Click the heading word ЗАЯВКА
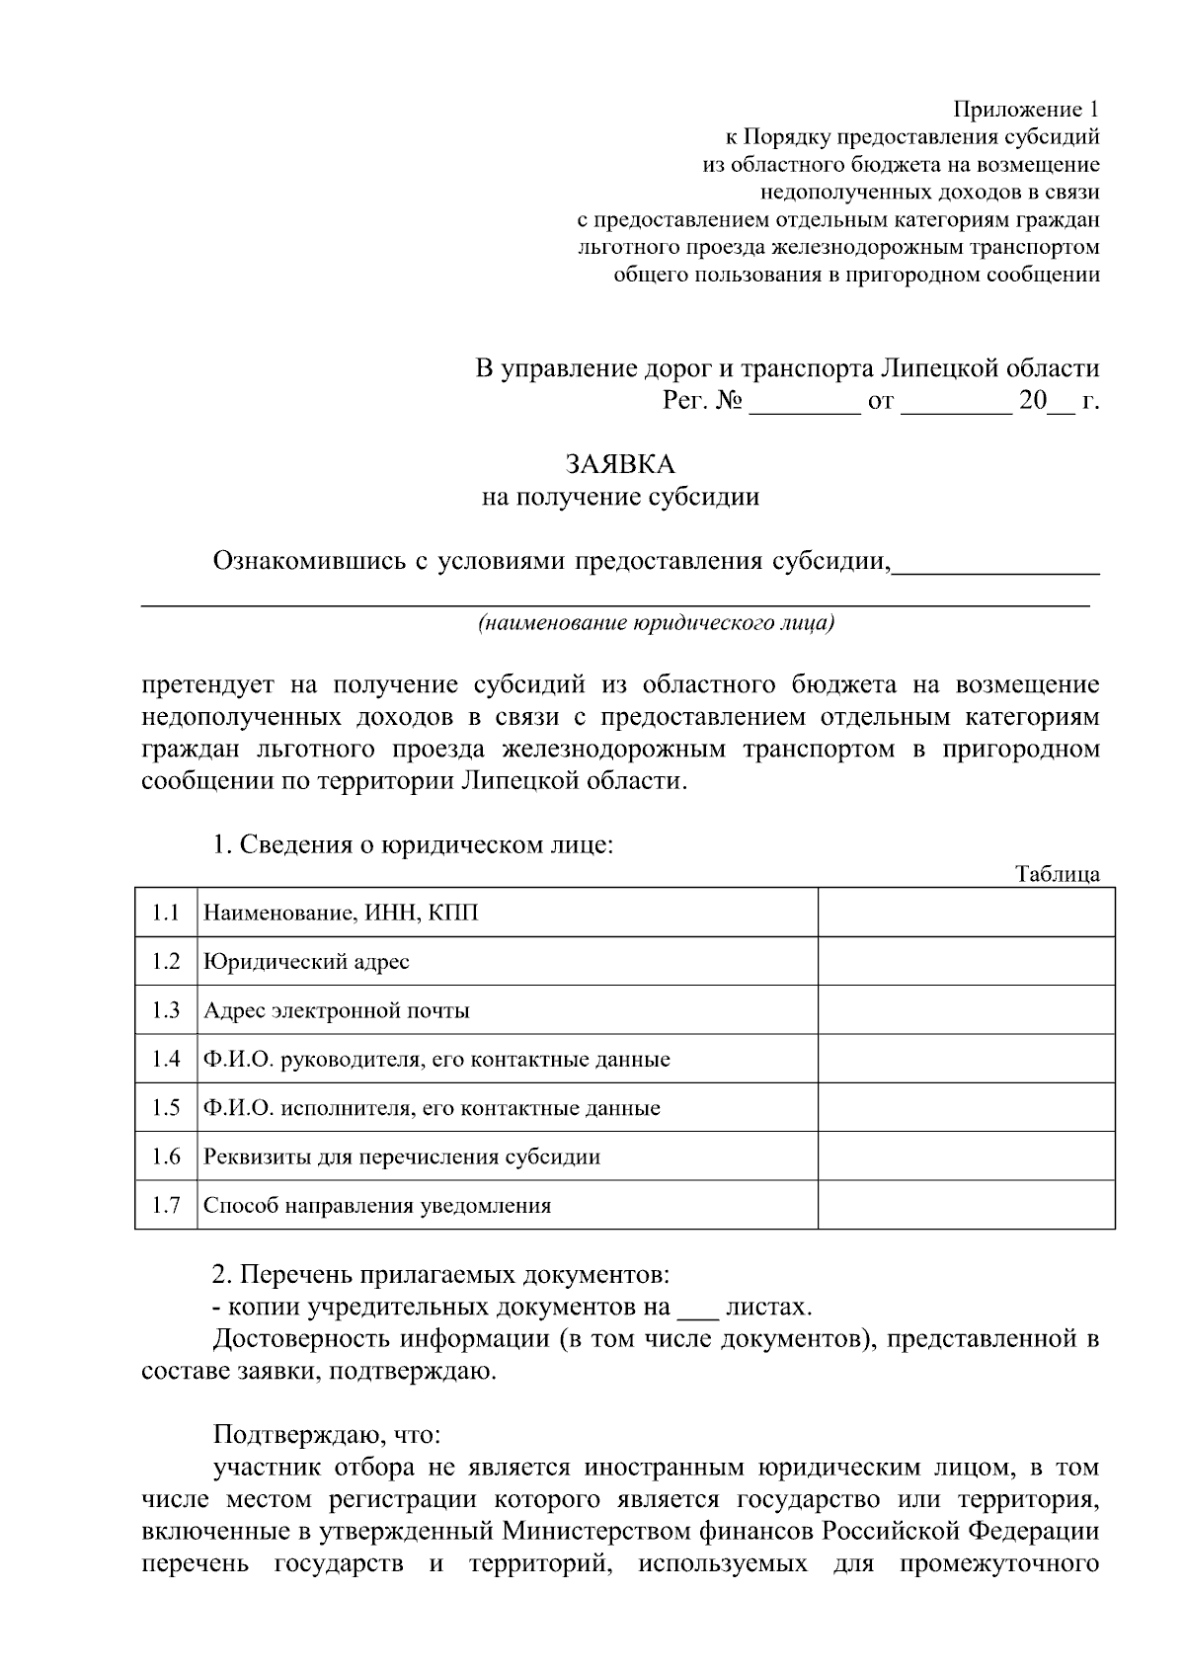click(x=620, y=463)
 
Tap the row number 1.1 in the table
click(x=166, y=913)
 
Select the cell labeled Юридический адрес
click(x=306, y=962)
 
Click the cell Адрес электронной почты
click(x=336, y=1010)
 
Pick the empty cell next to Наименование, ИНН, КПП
click(x=966, y=913)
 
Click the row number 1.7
click(x=166, y=1205)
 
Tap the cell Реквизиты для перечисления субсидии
click(x=401, y=1156)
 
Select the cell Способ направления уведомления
click(x=377, y=1205)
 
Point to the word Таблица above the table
click(x=1057, y=874)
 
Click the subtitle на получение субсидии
click(x=620, y=497)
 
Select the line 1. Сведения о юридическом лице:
click(x=414, y=845)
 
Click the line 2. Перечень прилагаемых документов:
click(x=442, y=1274)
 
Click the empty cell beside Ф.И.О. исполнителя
click(x=966, y=1108)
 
